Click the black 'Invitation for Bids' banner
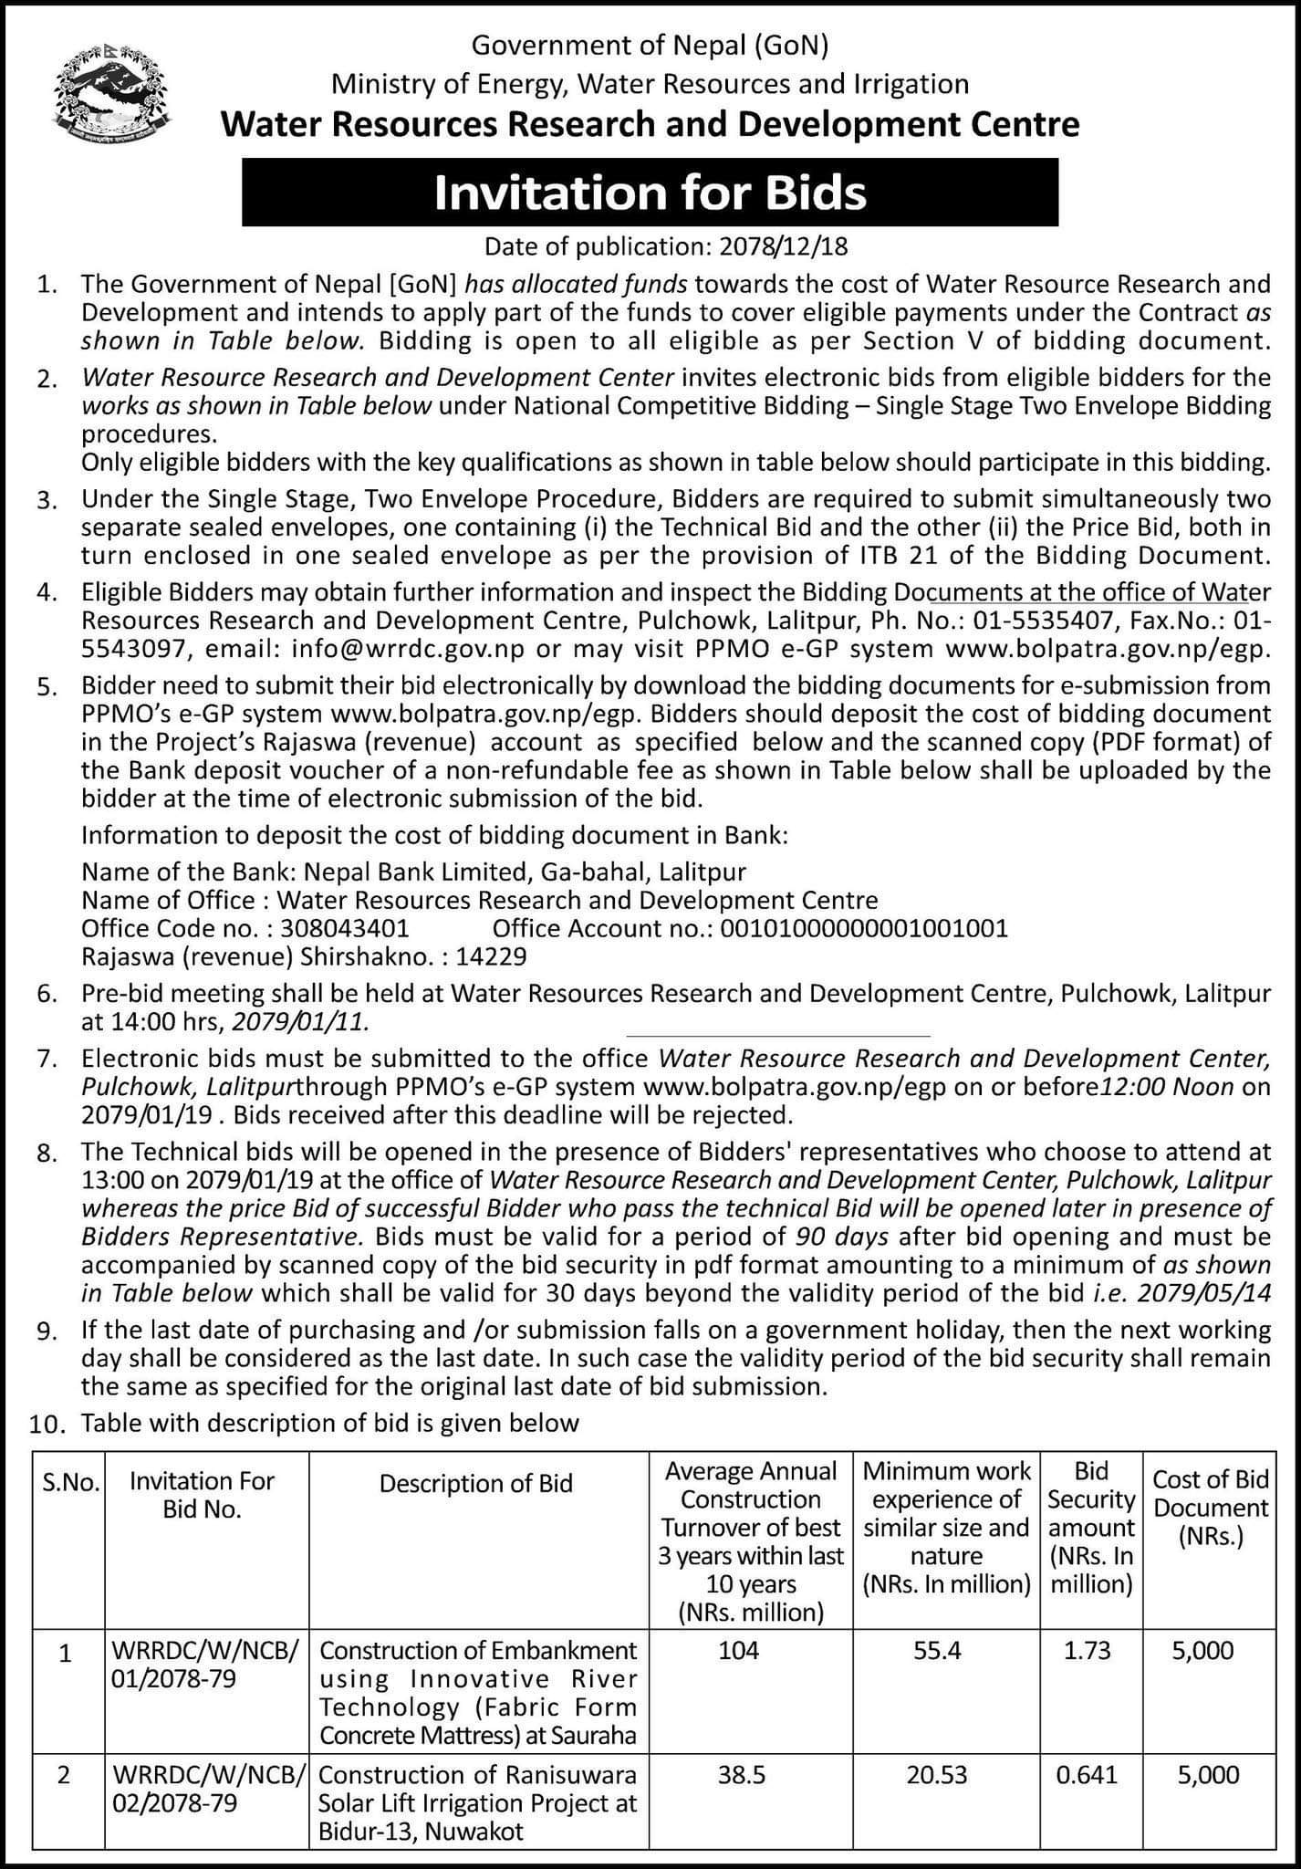pyautogui.click(x=650, y=193)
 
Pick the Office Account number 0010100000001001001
pyautogui.click(x=864, y=929)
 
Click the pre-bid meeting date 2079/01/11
pyautogui.click(x=303, y=1021)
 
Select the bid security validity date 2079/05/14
pyautogui.click(x=1196, y=1293)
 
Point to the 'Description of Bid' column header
pyautogui.click(x=475, y=1483)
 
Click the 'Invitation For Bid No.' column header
pyautogui.click(x=202, y=1494)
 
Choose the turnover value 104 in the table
pyautogui.click(x=738, y=1650)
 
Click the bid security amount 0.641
pyautogui.click(x=1090, y=1775)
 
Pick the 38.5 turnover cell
pyautogui.click(x=742, y=1775)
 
